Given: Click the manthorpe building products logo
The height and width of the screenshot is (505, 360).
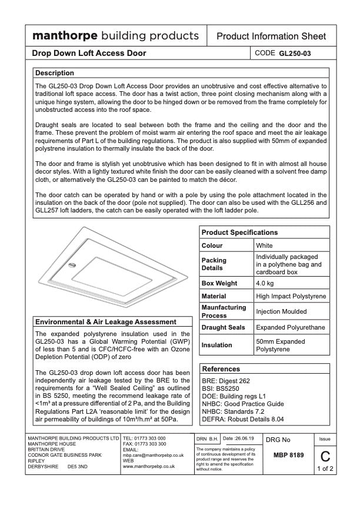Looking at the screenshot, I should [115, 35].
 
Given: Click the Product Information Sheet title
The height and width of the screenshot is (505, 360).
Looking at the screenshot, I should [271, 36].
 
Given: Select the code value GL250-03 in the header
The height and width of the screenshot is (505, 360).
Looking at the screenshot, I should [295, 54].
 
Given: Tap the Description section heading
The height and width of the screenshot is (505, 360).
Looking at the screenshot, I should [55, 73].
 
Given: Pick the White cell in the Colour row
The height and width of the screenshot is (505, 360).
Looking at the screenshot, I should [265, 245].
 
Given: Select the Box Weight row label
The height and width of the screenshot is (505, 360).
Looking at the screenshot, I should [219, 283].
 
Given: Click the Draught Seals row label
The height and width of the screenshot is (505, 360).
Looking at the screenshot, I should [224, 327].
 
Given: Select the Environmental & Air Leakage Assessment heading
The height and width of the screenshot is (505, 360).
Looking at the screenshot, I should [106, 323].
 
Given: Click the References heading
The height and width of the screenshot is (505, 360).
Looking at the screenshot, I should [221, 369].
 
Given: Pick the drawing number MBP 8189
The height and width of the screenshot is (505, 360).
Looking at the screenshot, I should [289, 456].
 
